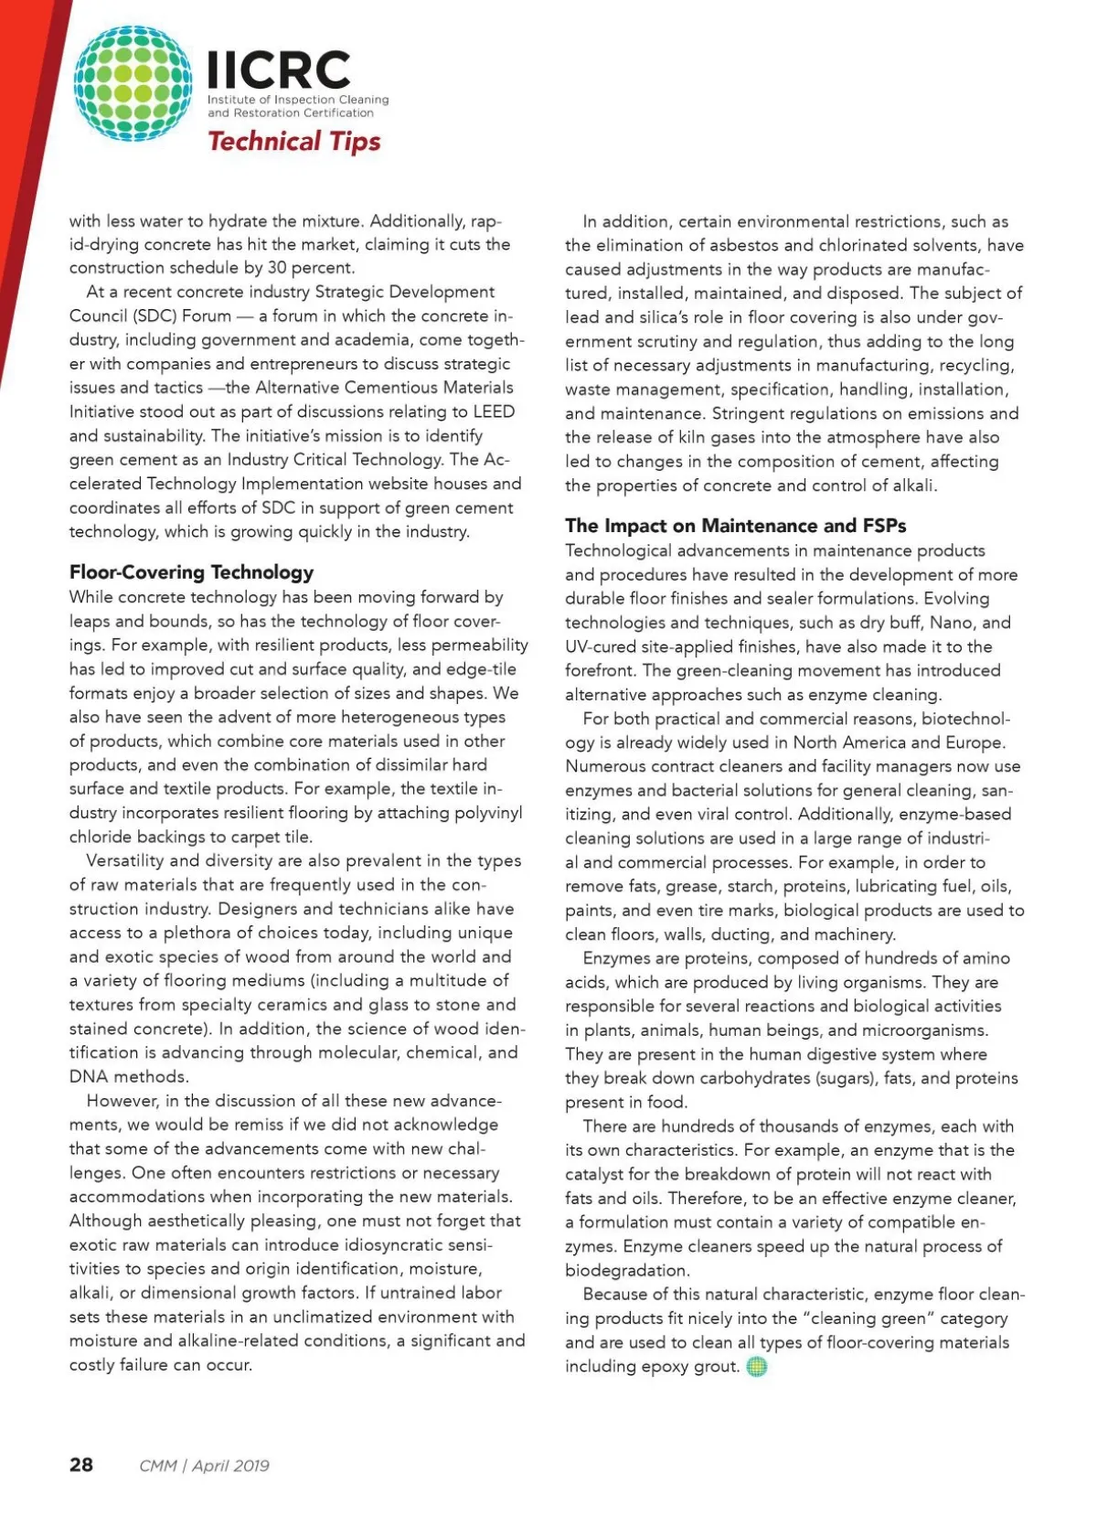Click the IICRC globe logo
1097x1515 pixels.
tap(133, 83)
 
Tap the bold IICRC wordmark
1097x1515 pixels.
tap(279, 70)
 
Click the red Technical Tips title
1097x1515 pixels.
tap(293, 141)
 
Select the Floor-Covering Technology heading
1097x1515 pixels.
tap(191, 572)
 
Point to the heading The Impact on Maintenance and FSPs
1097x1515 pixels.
tap(735, 526)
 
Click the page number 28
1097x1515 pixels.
tap(81, 1465)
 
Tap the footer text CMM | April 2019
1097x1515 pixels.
tap(204, 1466)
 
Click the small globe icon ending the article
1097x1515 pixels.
tap(757, 1367)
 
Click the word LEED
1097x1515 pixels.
tap(494, 411)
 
